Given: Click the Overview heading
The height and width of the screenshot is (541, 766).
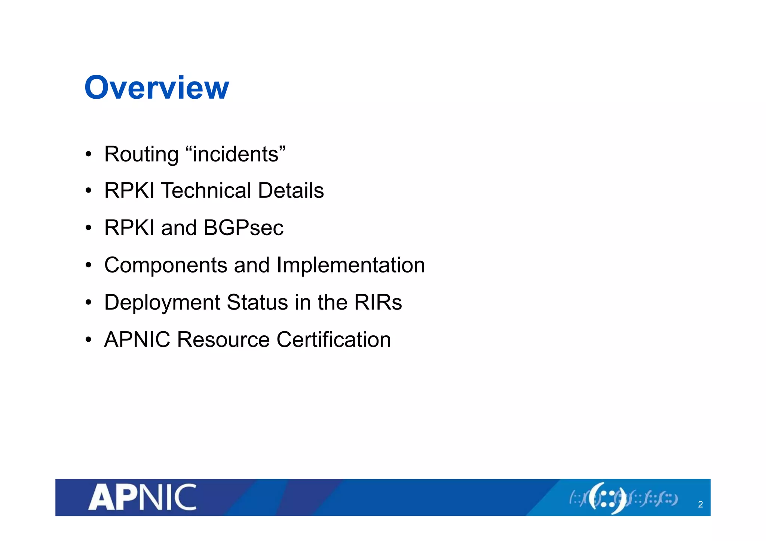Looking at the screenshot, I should point(156,87).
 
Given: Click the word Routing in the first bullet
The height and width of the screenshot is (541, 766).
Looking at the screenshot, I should point(141,154).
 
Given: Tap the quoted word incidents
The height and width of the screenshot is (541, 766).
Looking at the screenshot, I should point(236,154).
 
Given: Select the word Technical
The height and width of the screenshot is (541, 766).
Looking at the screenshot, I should point(206,190).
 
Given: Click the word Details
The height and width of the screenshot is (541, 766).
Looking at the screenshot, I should point(291,190).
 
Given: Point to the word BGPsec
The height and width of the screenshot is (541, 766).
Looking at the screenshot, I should point(243,228).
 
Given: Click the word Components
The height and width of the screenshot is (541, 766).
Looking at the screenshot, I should point(166,265).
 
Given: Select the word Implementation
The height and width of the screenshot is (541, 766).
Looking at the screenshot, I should point(350,265).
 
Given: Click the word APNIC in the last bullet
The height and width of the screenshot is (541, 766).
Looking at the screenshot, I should point(137,339).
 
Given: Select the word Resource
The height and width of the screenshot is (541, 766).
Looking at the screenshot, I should point(223,339).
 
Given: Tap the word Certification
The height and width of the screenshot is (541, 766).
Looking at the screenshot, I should point(334,339).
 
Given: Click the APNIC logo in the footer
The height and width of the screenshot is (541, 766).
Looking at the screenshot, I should point(142,497).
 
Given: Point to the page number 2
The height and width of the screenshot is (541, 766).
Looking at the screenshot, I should point(700,504).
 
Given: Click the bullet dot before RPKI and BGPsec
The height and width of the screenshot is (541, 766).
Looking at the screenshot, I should point(88,228).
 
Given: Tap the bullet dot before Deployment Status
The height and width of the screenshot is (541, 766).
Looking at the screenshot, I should point(88,302).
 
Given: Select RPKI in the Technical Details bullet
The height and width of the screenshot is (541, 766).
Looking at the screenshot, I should point(129,190).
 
